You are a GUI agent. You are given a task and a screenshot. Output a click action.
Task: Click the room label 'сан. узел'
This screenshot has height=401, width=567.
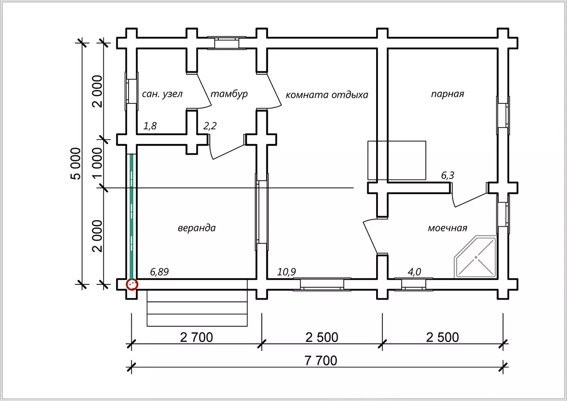[x=162, y=94]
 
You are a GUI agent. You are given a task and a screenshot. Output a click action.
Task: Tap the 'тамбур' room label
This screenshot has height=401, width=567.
[x=229, y=94]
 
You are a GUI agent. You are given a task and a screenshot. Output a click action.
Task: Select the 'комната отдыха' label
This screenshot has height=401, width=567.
[x=327, y=95]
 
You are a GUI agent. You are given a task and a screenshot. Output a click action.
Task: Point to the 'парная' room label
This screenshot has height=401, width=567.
[x=447, y=94]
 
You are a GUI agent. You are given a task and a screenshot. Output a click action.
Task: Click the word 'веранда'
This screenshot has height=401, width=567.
[x=197, y=228]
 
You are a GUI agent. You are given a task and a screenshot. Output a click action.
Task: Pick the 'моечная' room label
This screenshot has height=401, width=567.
[x=447, y=228]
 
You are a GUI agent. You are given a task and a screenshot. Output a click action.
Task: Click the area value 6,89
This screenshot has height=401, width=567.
[x=159, y=272]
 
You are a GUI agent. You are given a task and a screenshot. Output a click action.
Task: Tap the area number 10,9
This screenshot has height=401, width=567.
[x=286, y=272]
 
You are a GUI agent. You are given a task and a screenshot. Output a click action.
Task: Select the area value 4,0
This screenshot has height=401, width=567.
[x=414, y=272]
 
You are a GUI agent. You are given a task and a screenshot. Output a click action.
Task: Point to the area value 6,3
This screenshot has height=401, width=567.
[x=447, y=175]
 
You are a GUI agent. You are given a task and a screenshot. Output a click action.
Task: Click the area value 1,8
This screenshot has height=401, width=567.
[x=150, y=126]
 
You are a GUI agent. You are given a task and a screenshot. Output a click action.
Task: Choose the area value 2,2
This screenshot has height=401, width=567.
[x=210, y=126]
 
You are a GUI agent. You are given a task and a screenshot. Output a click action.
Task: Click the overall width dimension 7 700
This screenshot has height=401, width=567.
[x=321, y=361]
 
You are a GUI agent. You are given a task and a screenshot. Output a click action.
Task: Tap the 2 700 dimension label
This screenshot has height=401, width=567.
[x=197, y=338]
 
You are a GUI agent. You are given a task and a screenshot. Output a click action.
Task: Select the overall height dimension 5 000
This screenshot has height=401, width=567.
[x=76, y=164]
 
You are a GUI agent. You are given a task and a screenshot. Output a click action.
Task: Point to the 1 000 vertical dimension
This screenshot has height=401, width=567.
[x=97, y=163]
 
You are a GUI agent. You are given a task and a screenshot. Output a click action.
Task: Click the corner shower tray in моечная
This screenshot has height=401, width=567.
[x=475, y=257]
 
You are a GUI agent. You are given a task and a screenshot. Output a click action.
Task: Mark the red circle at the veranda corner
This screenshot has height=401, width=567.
[x=132, y=284]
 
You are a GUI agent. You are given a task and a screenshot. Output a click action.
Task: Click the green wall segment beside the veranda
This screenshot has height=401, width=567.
[x=131, y=217]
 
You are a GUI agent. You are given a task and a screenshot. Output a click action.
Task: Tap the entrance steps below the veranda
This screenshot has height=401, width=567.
[x=197, y=308]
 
